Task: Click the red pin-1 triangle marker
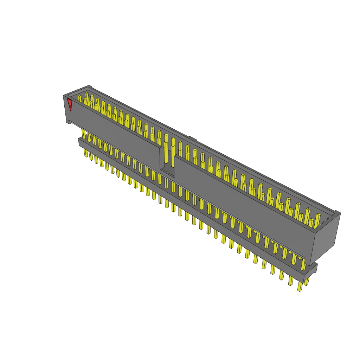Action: click(x=70, y=104)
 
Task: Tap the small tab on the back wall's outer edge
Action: click(x=192, y=138)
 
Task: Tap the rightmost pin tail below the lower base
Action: click(x=300, y=287)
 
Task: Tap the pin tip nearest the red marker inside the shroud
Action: click(x=79, y=98)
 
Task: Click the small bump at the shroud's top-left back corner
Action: click(x=90, y=86)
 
